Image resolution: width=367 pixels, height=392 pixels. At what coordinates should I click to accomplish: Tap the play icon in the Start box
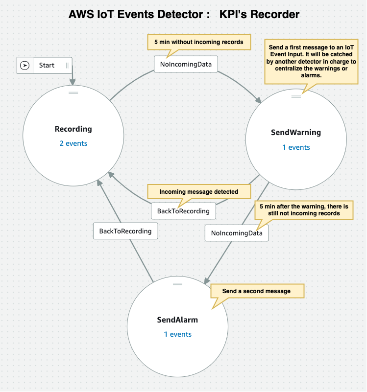(x=24, y=65)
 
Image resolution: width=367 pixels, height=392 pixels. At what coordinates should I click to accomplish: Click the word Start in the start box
(x=47, y=65)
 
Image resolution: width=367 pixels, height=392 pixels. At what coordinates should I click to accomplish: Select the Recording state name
(x=73, y=129)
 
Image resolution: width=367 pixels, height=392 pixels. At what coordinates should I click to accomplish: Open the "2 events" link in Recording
(x=73, y=143)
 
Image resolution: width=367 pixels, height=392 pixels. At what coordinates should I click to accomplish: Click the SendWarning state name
(x=296, y=133)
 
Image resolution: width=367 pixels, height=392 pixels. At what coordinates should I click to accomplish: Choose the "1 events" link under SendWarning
(x=296, y=147)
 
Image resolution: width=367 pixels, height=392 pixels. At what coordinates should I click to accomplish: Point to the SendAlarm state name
(x=177, y=320)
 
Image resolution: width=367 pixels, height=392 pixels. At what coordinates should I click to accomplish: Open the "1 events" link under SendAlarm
(x=177, y=334)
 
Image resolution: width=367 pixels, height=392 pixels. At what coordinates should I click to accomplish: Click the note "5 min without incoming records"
(x=199, y=42)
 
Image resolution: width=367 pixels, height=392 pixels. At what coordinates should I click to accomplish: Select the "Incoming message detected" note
(x=199, y=192)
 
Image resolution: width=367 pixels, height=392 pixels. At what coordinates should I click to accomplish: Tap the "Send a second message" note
(x=256, y=291)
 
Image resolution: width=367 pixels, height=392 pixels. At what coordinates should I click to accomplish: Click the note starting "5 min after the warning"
(x=303, y=210)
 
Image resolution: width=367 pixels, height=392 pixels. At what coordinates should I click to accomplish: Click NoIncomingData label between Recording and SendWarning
(x=186, y=65)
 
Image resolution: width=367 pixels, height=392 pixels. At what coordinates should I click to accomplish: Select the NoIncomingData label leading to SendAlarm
(x=237, y=233)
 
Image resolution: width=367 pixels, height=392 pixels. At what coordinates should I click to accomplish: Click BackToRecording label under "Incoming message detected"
(x=183, y=211)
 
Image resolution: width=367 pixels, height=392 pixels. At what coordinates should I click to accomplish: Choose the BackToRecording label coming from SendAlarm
(x=125, y=231)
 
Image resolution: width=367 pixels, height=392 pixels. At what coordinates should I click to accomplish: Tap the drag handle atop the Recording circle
(x=73, y=92)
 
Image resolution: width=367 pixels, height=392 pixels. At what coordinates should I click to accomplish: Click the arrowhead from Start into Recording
(x=73, y=83)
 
